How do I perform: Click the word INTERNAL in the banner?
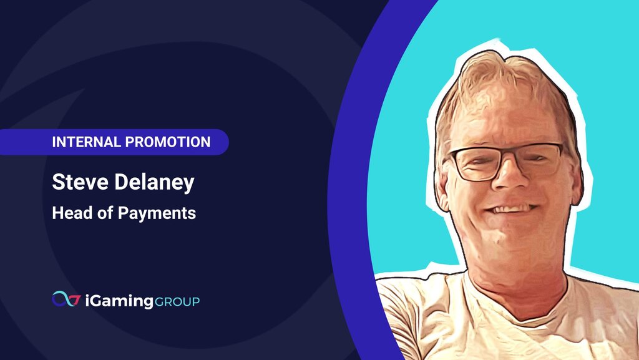click(x=86, y=142)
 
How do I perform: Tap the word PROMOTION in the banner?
click(x=168, y=142)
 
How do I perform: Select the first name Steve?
click(x=80, y=182)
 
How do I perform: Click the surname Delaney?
click(x=155, y=183)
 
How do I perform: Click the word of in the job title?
click(x=105, y=213)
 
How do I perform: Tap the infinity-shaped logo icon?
click(x=66, y=299)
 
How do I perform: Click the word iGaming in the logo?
click(x=119, y=301)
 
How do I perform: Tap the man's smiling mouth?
click(x=510, y=209)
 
